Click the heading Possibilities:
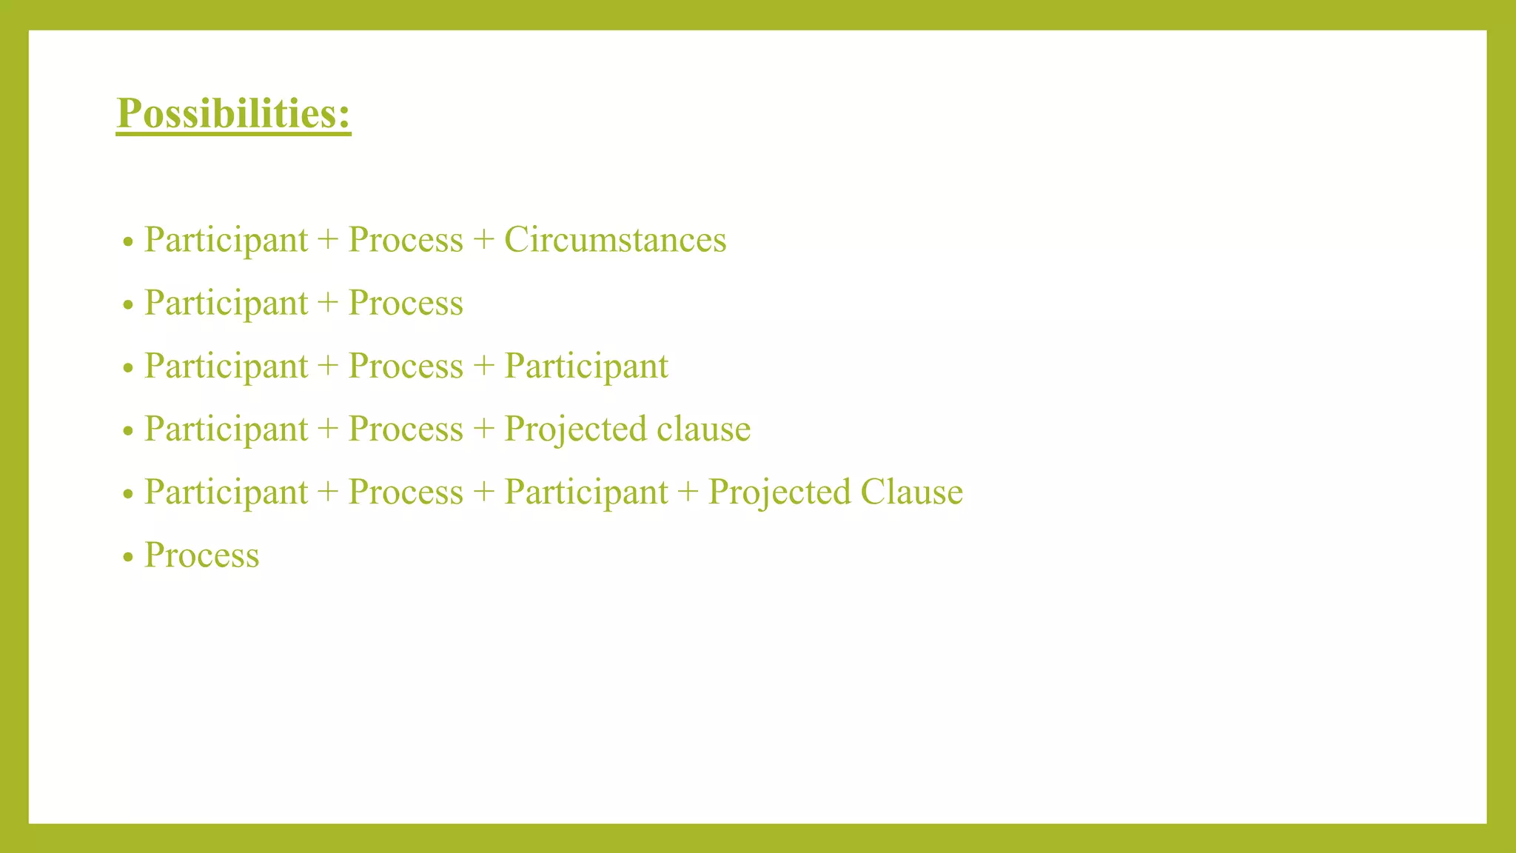tap(233, 114)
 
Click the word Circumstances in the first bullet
tap(615, 240)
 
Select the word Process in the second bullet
tap(406, 303)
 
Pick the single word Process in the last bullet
tap(201, 555)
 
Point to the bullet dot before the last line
tap(128, 558)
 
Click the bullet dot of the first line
tap(128, 242)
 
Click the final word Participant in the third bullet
tap(586, 367)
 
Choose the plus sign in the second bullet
tap(327, 303)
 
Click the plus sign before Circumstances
tap(483, 240)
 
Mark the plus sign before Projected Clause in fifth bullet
tap(688, 492)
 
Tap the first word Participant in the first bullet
tap(226, 240)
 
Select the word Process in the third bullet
tap(406, 366)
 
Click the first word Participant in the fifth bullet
tap(226, 492)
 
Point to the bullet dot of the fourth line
tap(128, 431)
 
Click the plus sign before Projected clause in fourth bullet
tap(483, 429)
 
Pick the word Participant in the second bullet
tap(226, 304)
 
